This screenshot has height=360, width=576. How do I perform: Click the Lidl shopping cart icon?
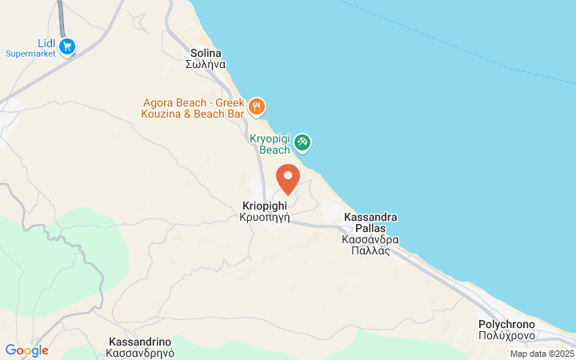[67, 46]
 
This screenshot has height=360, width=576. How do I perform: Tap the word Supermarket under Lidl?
[30, 54]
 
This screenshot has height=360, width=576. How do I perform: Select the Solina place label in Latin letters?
[206, 53]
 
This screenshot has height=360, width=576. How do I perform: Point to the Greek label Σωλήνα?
[206, 65]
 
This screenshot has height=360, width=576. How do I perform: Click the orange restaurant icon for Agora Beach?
[257, 106]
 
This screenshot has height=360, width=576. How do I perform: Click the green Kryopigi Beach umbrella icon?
[302, 143]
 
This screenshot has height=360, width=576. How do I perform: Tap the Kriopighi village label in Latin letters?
[264, 206]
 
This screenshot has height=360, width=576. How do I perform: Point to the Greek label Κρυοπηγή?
[264, 217]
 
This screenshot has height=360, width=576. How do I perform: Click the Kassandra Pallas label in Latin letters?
[370, 222]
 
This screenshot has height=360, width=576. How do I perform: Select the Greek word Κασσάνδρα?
[370, 239]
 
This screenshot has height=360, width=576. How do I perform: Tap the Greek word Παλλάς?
[370, 250]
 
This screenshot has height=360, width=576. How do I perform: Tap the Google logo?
[26, 350]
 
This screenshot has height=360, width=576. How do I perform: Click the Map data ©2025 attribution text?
[542, 354]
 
